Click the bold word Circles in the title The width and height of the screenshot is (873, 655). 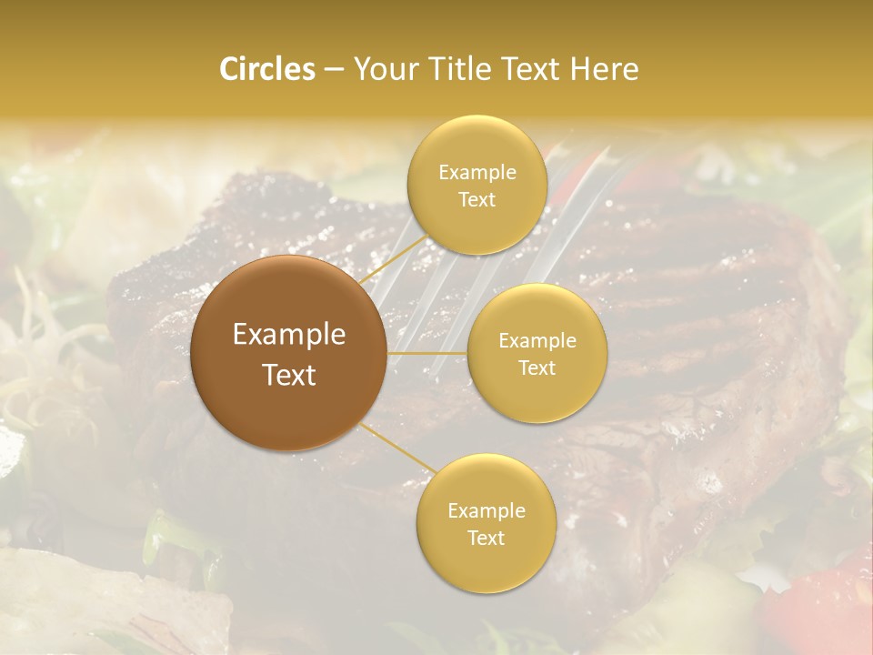pos(266,69)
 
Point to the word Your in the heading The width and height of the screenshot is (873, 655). pos(383,69)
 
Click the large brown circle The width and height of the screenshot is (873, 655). pos(288,354)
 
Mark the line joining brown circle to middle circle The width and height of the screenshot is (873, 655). pos(427,352)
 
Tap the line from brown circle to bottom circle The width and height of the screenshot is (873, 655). pos(396,447)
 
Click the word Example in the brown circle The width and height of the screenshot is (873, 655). pos(289,335)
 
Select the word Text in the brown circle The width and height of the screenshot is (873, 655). pos(289,375)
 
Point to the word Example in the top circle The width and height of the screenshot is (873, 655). pos(477,173)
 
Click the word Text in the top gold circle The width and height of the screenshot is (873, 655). pos(477,200)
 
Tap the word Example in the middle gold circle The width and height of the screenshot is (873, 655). pos(537,341)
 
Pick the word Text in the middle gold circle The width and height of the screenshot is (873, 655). pos(537,368)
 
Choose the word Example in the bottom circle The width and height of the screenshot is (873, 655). pos(487,511)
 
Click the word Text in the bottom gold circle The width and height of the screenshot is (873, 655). pos(486,539)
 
